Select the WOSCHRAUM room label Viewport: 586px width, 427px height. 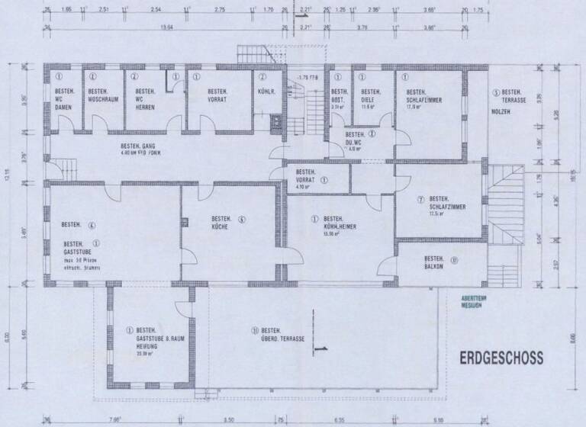click(101, 100)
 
